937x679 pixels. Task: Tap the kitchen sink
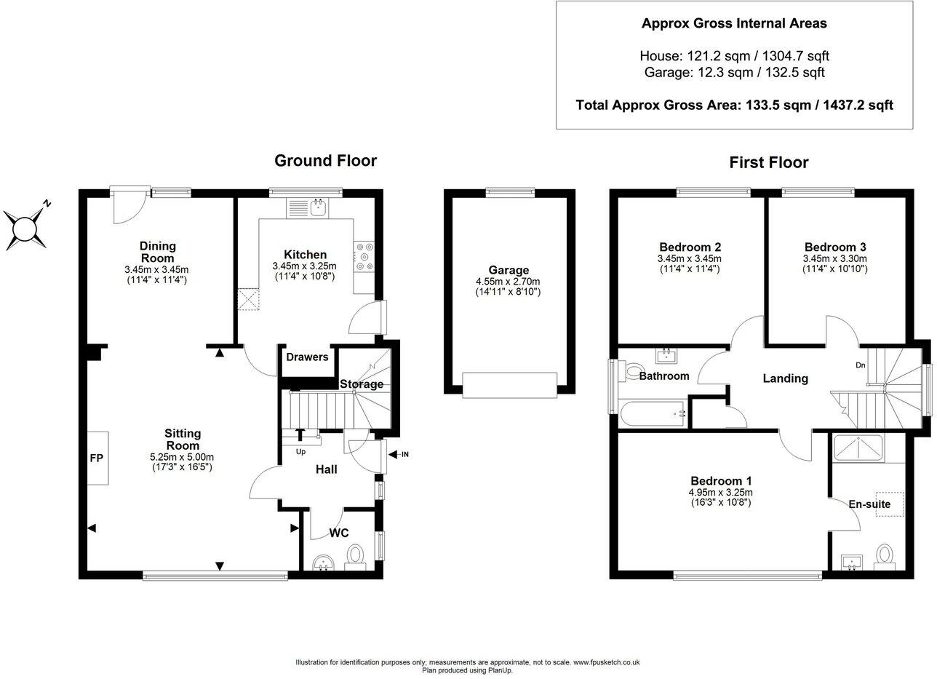click(318, 207)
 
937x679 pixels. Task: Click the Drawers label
click(307, 357)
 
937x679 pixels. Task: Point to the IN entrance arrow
click(399, 455)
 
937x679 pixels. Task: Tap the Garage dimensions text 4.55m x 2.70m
click(509, 282)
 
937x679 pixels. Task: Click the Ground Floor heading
click(325, 161)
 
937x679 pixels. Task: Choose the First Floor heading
click(769, 162)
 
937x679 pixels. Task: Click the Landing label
click(785, 378)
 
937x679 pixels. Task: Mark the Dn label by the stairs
click(861, 366)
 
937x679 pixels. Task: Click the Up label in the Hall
click(300, 451)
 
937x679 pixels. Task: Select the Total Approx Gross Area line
click(734, 105)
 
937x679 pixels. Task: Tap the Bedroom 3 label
click(834, 247)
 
